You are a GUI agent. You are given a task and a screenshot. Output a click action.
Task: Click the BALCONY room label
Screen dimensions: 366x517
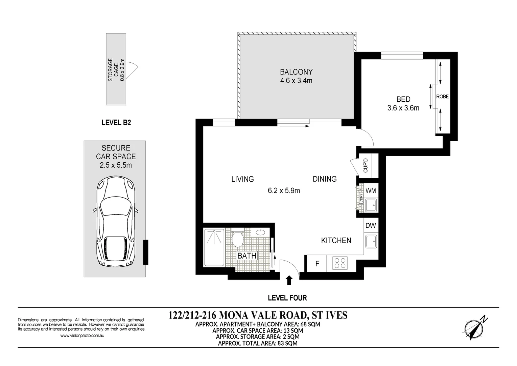296,72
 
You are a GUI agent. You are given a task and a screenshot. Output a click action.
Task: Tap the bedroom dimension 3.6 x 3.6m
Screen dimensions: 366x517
403,108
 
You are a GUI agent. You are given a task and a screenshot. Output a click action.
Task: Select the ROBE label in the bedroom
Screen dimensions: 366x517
442,97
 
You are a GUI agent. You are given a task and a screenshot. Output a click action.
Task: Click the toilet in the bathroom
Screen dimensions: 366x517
238,239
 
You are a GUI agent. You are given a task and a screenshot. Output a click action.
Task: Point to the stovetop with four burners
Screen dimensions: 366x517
340,263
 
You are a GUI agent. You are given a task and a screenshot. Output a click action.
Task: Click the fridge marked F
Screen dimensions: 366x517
317,264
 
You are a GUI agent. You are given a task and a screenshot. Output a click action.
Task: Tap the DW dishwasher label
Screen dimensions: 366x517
371,225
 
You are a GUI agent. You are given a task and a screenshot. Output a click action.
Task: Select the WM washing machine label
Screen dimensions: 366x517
371,191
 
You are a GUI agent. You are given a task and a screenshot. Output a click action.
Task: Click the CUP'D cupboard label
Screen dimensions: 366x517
366,166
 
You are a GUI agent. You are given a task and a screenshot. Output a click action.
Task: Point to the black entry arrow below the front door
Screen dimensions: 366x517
289,280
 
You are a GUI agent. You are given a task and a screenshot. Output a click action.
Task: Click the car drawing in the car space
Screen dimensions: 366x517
116,222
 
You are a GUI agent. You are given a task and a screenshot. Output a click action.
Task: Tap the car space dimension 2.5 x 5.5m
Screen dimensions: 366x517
116,165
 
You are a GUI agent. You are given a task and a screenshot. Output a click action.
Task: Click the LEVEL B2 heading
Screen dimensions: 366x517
116,123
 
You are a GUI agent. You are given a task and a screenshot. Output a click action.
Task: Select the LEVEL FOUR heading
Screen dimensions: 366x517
287,298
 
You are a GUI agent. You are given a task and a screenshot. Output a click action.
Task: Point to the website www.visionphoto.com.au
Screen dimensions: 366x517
82,335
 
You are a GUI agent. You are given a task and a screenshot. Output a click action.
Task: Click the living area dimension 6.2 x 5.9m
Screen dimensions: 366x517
284,190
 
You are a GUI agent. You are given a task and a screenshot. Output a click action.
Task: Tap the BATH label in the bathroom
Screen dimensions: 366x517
247,256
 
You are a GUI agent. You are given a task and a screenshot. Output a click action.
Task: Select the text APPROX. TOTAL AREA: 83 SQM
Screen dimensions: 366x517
258,343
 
